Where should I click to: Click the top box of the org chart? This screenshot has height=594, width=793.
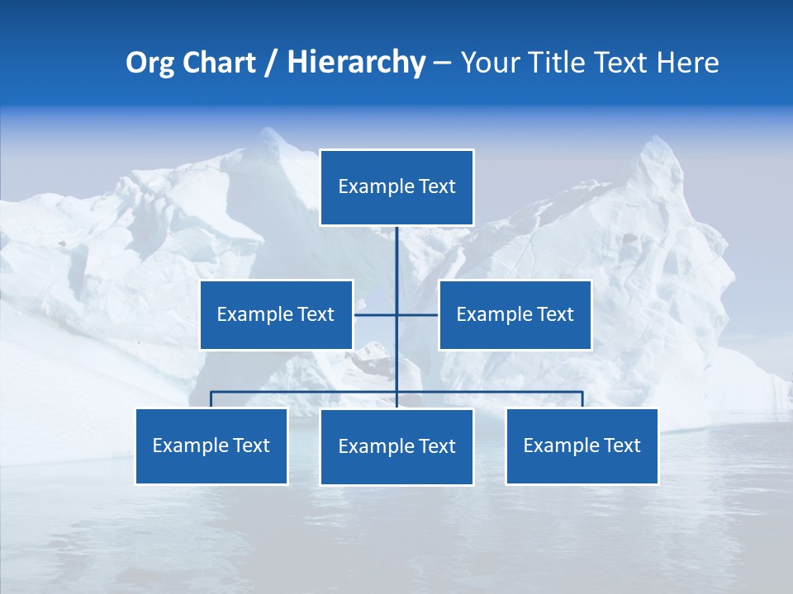click(x=396, y=187)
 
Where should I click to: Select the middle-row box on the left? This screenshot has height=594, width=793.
click(x=276, y=314)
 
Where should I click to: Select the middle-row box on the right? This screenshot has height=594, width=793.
click(x=515, y=314)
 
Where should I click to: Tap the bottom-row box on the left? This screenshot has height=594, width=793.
click(x=211, y=445)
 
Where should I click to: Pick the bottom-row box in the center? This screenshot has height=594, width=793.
click(x=396, y=446)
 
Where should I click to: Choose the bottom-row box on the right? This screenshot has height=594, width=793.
click(x=582, y=445)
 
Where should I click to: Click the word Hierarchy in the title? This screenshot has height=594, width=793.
click(x=356, y=63)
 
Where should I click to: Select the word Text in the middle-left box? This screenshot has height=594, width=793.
click(x=316, y=314)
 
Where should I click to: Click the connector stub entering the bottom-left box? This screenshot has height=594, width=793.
click(x=211, y=399)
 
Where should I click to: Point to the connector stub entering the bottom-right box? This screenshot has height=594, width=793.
click(x=582, y=399)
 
